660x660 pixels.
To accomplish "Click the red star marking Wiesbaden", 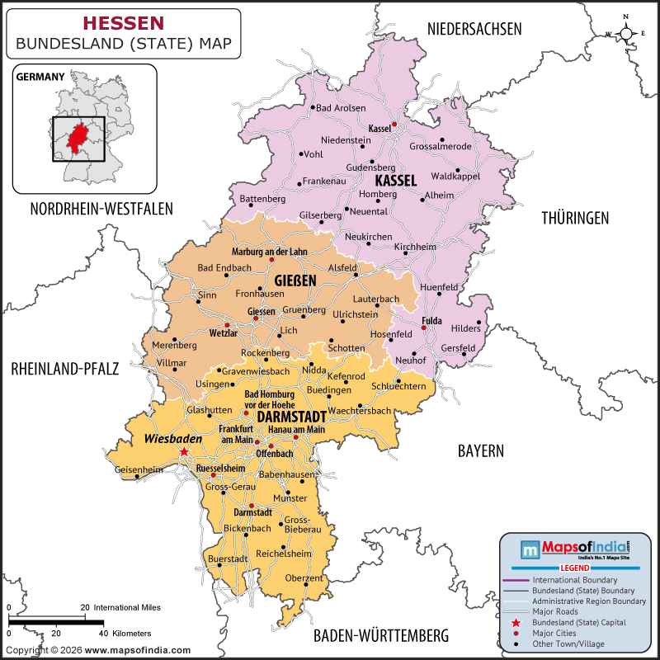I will [184, 452].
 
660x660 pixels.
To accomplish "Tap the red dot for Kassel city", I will [394, 125].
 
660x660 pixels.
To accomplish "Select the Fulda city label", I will [432, 320].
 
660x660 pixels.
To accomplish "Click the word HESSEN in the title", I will [124, 23].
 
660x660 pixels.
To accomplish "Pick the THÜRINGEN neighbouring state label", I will [575, 218].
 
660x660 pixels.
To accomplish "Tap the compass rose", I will [626, 33].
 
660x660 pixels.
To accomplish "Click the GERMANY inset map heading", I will [40, 77].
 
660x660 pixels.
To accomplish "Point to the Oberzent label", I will [304, 578].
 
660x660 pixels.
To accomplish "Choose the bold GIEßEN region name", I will [295, 281].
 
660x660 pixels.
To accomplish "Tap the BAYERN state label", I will [481, 450].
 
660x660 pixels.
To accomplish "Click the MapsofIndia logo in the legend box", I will [574, 548].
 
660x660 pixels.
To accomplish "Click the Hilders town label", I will [465, 328].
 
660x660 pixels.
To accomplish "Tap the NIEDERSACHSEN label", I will [474, 29].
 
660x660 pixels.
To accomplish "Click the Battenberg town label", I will [262, 199].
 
